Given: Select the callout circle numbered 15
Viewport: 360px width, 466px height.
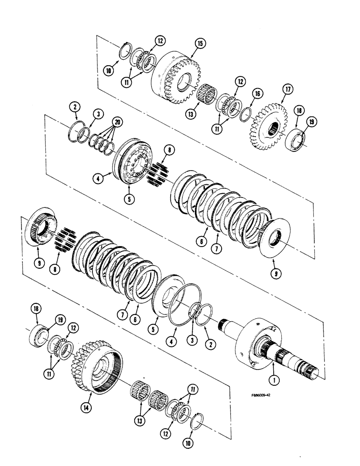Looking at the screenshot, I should [x=200, y=44].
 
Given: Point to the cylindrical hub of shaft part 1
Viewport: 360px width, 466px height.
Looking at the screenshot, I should [x=257, y=340].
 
